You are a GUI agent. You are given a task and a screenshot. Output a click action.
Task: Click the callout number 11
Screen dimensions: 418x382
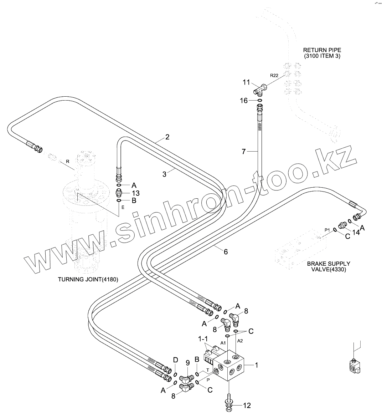point(247,83)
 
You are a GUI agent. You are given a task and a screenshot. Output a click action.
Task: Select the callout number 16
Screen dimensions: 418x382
point(244,101)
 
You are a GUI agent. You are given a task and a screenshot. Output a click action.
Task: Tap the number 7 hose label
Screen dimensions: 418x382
point(244,152)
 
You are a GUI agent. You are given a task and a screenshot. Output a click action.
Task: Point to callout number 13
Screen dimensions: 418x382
point(135,193)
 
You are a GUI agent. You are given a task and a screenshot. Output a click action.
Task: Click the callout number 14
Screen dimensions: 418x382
point(356,232)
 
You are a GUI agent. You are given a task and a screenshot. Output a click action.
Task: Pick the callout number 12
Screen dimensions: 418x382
point(247,405)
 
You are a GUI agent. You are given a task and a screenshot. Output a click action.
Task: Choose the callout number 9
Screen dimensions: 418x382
point(187,363)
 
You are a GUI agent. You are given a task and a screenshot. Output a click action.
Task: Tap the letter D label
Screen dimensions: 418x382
point(175,360)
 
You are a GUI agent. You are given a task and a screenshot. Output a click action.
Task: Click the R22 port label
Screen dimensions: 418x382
point(274,75)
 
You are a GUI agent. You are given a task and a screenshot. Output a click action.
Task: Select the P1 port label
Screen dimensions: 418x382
point(327,230)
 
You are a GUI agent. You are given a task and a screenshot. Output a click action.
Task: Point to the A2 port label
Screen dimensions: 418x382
point(240,341)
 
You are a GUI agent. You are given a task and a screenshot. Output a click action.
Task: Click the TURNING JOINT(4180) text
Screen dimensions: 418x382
point(88,279)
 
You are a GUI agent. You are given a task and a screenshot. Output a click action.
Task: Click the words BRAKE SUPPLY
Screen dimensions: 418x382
point(329,264)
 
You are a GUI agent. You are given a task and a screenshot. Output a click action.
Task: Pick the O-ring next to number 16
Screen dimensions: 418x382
point(260,101)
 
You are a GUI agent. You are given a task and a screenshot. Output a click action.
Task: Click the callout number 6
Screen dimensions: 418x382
point(226,251)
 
